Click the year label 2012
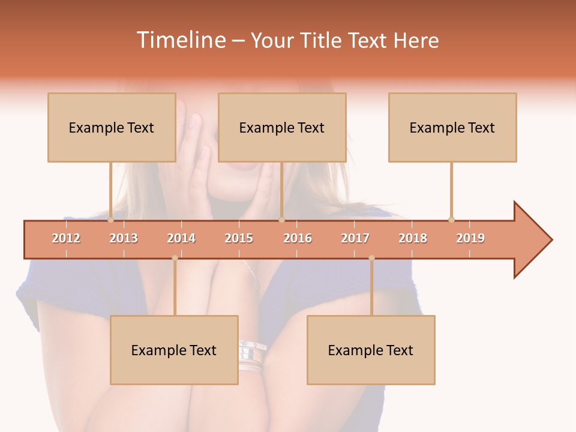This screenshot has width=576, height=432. pos(66,238)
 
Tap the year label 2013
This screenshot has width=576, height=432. pos(124,238)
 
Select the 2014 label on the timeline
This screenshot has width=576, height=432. pos(181,238)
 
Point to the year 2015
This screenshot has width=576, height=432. pos(239,238)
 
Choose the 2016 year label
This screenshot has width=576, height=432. pos(298,238)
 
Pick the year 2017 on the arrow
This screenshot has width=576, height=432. pos(355,238)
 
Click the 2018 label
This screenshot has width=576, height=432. pos(413,238)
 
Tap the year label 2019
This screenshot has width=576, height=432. pos(470,238)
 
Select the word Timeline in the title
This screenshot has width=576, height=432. pos(180,40)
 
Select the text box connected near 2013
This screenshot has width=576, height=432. pos(112,127)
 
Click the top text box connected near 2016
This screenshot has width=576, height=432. pos(282,127)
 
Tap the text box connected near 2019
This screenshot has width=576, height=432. pos(452,127)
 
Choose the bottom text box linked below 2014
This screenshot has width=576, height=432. pos(174,350)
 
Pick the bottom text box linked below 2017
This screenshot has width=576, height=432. pos(371,350)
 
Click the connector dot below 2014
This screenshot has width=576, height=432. pos(175,258)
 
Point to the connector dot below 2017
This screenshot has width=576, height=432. pos(371,258)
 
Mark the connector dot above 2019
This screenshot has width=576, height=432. pos(451,220)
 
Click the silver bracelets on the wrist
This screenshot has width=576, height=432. pos(252,357)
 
